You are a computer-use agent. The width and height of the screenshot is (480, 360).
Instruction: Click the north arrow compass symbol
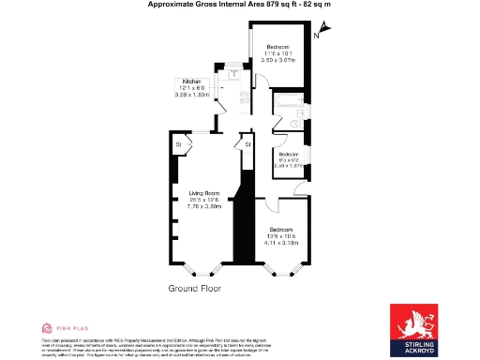tap(317, 35)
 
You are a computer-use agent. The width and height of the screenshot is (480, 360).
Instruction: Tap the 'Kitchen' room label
tap(191, 82)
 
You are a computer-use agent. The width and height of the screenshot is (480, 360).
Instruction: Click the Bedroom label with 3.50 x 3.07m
tap(279, 47)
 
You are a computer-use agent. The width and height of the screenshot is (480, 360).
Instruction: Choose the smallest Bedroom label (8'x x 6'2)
tap(287, 154)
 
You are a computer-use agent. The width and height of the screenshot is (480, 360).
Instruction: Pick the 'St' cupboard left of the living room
tap(177, 143)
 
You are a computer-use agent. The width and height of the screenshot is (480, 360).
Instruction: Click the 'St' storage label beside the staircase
tap(247, 144)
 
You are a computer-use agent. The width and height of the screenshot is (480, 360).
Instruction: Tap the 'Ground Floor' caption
tap(195, 288)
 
